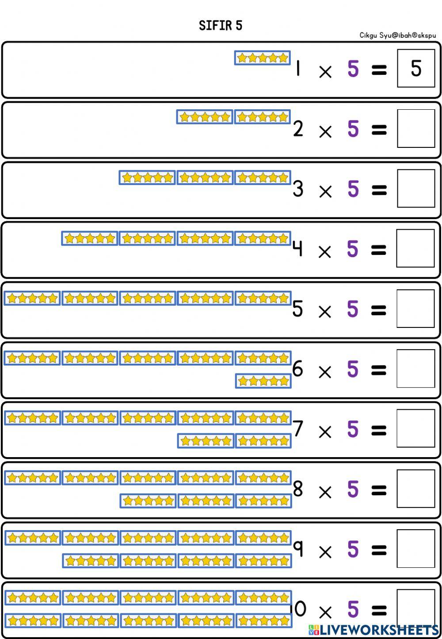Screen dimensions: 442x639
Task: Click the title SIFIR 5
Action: [x=221, y=25]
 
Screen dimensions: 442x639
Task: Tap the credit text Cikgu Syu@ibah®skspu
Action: [x=397, y=35]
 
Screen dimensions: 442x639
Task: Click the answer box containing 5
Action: [x=416, y=68]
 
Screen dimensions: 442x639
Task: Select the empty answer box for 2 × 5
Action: [x=416, y=128]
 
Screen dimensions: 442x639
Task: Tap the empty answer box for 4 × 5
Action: [x=415, y=248]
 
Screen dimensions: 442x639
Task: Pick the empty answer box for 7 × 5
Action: [x=416, y=428]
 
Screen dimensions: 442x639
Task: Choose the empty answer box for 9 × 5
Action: [x=416, y=549]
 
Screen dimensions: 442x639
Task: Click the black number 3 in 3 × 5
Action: [x=298, y=189]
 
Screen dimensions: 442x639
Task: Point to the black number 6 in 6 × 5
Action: [x=297, y=369]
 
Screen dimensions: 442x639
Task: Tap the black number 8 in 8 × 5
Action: [x=298, y=489]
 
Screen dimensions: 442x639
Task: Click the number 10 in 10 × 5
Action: [x=298, y=609]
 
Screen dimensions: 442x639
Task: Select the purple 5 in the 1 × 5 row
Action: [x=353, y=69]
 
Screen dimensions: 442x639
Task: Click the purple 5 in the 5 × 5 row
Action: [x=353, y=309]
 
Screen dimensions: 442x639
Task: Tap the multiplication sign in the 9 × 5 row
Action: [x=325, y=552]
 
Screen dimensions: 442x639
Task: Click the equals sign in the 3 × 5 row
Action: [x=379, y=190]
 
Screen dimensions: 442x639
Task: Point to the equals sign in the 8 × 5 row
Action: [x=379, y=490]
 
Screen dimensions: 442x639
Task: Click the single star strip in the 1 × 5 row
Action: [x=262, y=58]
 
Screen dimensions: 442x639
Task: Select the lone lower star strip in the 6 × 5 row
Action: [x=263, y=381]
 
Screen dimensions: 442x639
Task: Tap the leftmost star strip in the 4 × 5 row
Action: [x=89, y=238]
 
